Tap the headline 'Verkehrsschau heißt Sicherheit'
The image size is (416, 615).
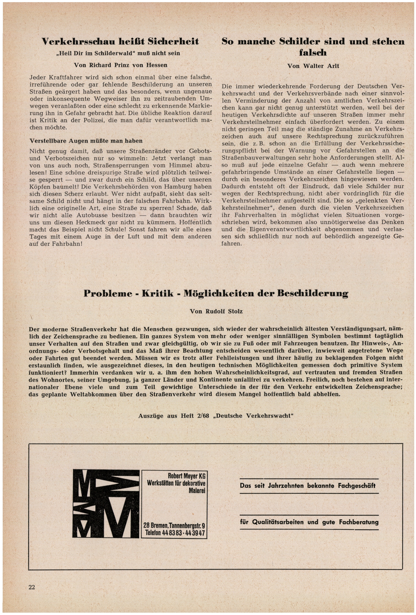[120, 41]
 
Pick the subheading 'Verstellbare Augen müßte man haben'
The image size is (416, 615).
[86, 141]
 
